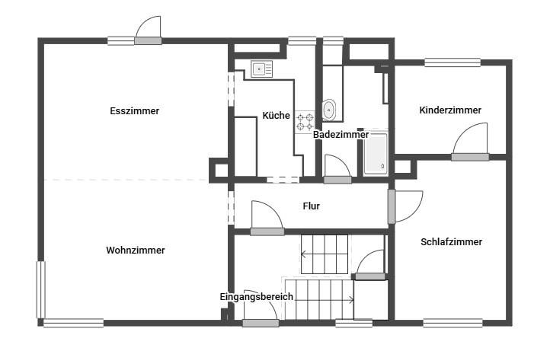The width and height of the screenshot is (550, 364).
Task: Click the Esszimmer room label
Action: tap(135, 111)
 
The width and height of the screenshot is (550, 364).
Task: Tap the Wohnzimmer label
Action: tap(136, 250)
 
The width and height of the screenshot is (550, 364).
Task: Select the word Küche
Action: tap(277, 116)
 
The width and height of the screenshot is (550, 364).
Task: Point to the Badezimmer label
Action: tap(341, 134)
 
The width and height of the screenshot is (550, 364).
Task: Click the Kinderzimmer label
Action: tap(450, 110)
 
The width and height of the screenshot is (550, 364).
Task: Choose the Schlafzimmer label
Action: tap(452, 241)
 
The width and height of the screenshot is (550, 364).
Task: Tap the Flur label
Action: tap(312, 206)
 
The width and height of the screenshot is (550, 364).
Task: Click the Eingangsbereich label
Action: tap(257, 297)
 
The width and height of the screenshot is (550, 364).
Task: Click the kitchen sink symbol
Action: tap(262, 69)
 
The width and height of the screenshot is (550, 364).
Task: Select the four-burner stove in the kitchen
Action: tap(305, 122)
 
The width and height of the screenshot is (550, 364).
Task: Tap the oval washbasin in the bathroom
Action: tap(329, 110)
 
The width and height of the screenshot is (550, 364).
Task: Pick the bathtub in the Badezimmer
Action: tap(376, 154)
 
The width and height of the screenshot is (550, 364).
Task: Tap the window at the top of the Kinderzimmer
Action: tap(452, 62)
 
